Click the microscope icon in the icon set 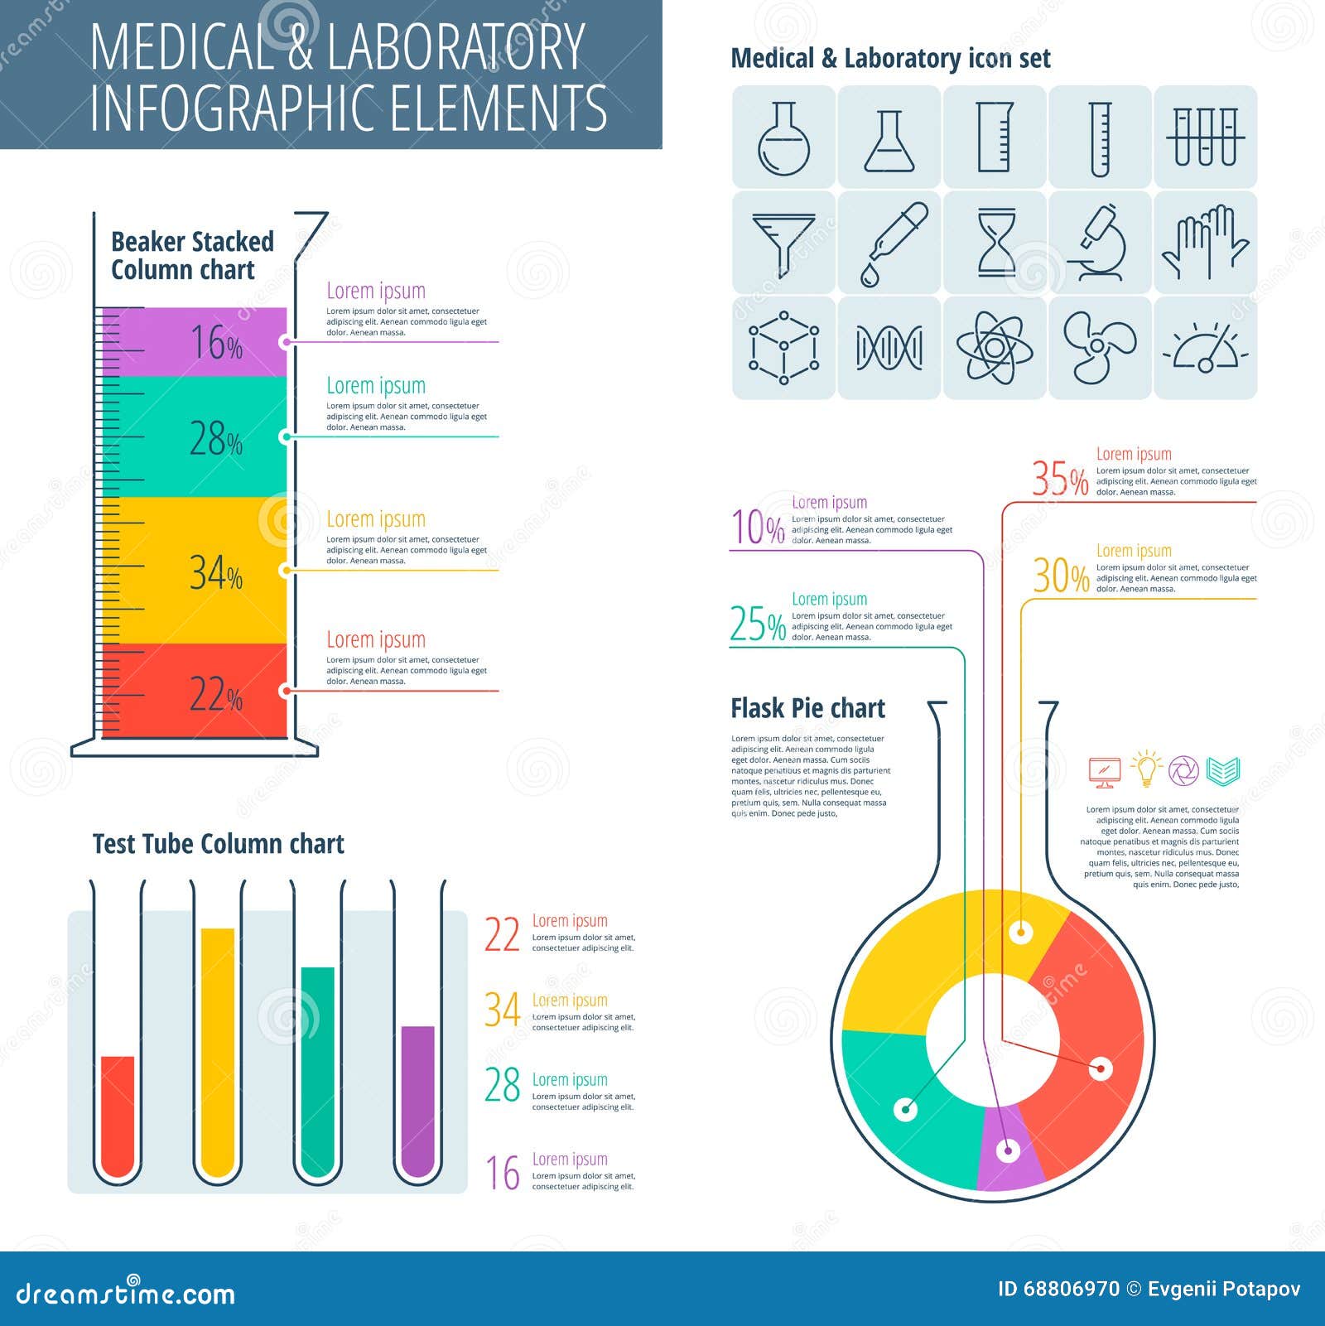(1100, 243)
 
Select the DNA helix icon (889, 348)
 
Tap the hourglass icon (995, 243)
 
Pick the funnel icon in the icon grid (783, 243)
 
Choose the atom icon (995, 348)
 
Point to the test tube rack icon (1206, 137)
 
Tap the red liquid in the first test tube (118, 1114)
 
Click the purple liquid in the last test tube (418, 1097)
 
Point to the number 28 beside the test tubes (502, 1086)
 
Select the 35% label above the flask (1059, 479)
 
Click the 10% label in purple (757, 527)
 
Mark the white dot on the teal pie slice (906, 1109)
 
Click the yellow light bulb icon (1147, 769)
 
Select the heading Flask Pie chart (807, 709)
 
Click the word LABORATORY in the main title (455, 47)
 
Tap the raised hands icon (1206, 243)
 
